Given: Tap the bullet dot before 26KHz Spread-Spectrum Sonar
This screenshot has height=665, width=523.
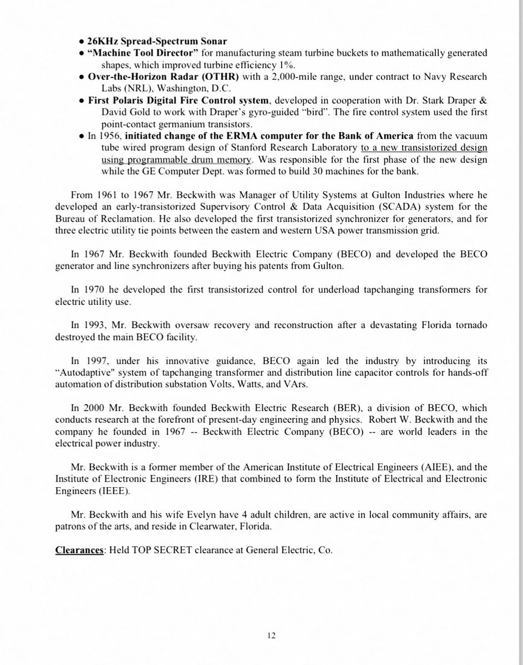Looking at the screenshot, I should click(x=82, y=43).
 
